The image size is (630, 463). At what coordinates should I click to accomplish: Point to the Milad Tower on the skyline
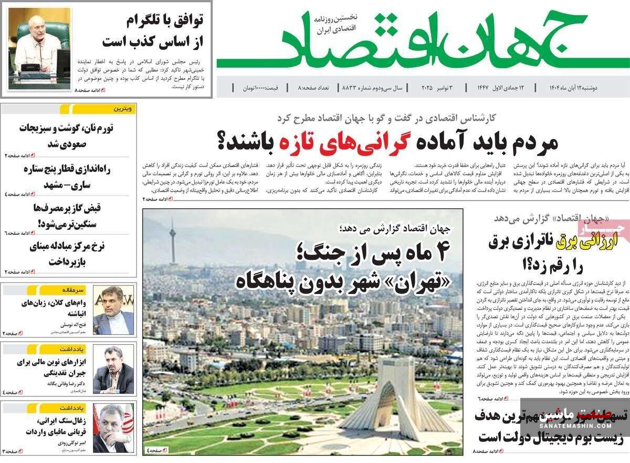coord(172,241)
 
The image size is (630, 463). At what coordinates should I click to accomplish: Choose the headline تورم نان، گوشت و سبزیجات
coord(70,135)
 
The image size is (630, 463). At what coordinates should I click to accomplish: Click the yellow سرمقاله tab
coord(122,289)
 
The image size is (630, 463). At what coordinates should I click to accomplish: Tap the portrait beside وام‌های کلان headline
coord(113,310)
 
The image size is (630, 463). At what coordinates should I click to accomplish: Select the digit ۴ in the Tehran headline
coord(438,254)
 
